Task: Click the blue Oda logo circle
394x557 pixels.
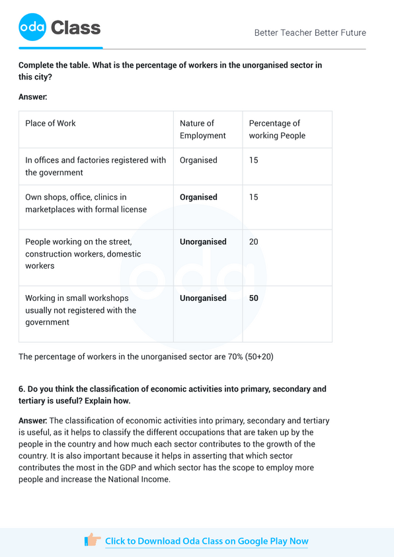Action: tap(32, 28)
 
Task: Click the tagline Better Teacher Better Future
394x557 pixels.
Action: tap(310, 33)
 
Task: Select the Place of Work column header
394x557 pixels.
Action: tap(50, 124)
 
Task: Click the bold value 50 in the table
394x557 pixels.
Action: tap(254, 298)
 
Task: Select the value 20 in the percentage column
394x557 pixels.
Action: tap(254, 242)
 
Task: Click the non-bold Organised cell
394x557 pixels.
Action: tap(198, 161)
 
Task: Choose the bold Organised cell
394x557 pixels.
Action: tap(198, 197)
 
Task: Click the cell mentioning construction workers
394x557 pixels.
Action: tap(83, 254)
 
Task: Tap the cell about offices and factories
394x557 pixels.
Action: tap(95, 166)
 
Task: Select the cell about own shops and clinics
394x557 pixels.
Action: tap(86, 203)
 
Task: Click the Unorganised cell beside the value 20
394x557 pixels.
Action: tap(203, 242)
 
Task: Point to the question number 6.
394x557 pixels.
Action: tap(22, 389)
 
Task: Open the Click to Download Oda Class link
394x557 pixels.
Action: tap(206, 541)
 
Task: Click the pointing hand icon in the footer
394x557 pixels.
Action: tap(92, 540)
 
